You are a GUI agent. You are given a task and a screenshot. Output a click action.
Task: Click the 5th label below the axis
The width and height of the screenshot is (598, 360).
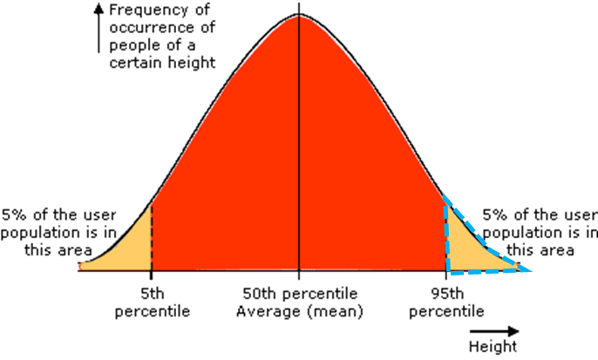click(151, 295)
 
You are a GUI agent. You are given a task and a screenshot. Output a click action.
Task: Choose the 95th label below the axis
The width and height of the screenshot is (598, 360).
click(445, 295)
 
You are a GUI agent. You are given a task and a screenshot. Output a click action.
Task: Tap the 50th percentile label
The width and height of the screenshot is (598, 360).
click(299, 295)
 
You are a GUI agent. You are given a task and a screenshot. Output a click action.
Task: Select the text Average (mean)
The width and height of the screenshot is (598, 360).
click(299, 311)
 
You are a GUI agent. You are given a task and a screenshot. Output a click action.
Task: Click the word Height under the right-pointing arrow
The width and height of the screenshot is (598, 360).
click(496, 346)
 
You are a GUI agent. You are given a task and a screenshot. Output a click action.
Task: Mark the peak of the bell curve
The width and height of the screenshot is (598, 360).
click(299, 14)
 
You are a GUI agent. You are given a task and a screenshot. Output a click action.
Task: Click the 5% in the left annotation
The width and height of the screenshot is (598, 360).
click(14, 214)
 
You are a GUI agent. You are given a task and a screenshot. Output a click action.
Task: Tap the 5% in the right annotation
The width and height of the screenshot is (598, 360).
click(495, 214)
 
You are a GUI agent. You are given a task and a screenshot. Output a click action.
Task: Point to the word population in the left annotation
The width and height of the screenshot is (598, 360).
click(34, 232)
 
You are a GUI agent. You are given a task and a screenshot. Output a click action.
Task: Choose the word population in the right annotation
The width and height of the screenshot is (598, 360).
click(515, 232)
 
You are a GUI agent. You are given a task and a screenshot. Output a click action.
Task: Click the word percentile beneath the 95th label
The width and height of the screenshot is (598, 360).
click(445, 311)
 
